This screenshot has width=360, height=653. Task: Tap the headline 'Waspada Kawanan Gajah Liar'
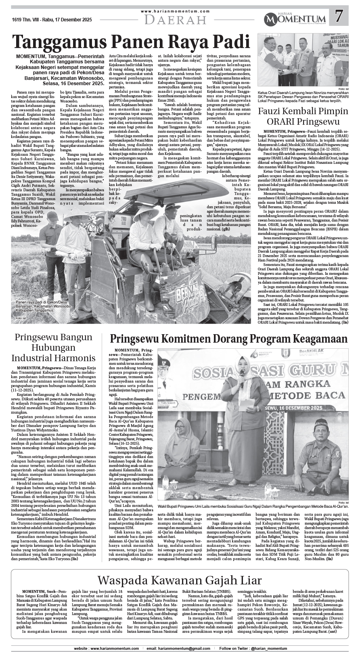click(x=180, y=580)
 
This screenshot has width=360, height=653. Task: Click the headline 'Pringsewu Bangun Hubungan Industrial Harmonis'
click(x=54, y=347)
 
